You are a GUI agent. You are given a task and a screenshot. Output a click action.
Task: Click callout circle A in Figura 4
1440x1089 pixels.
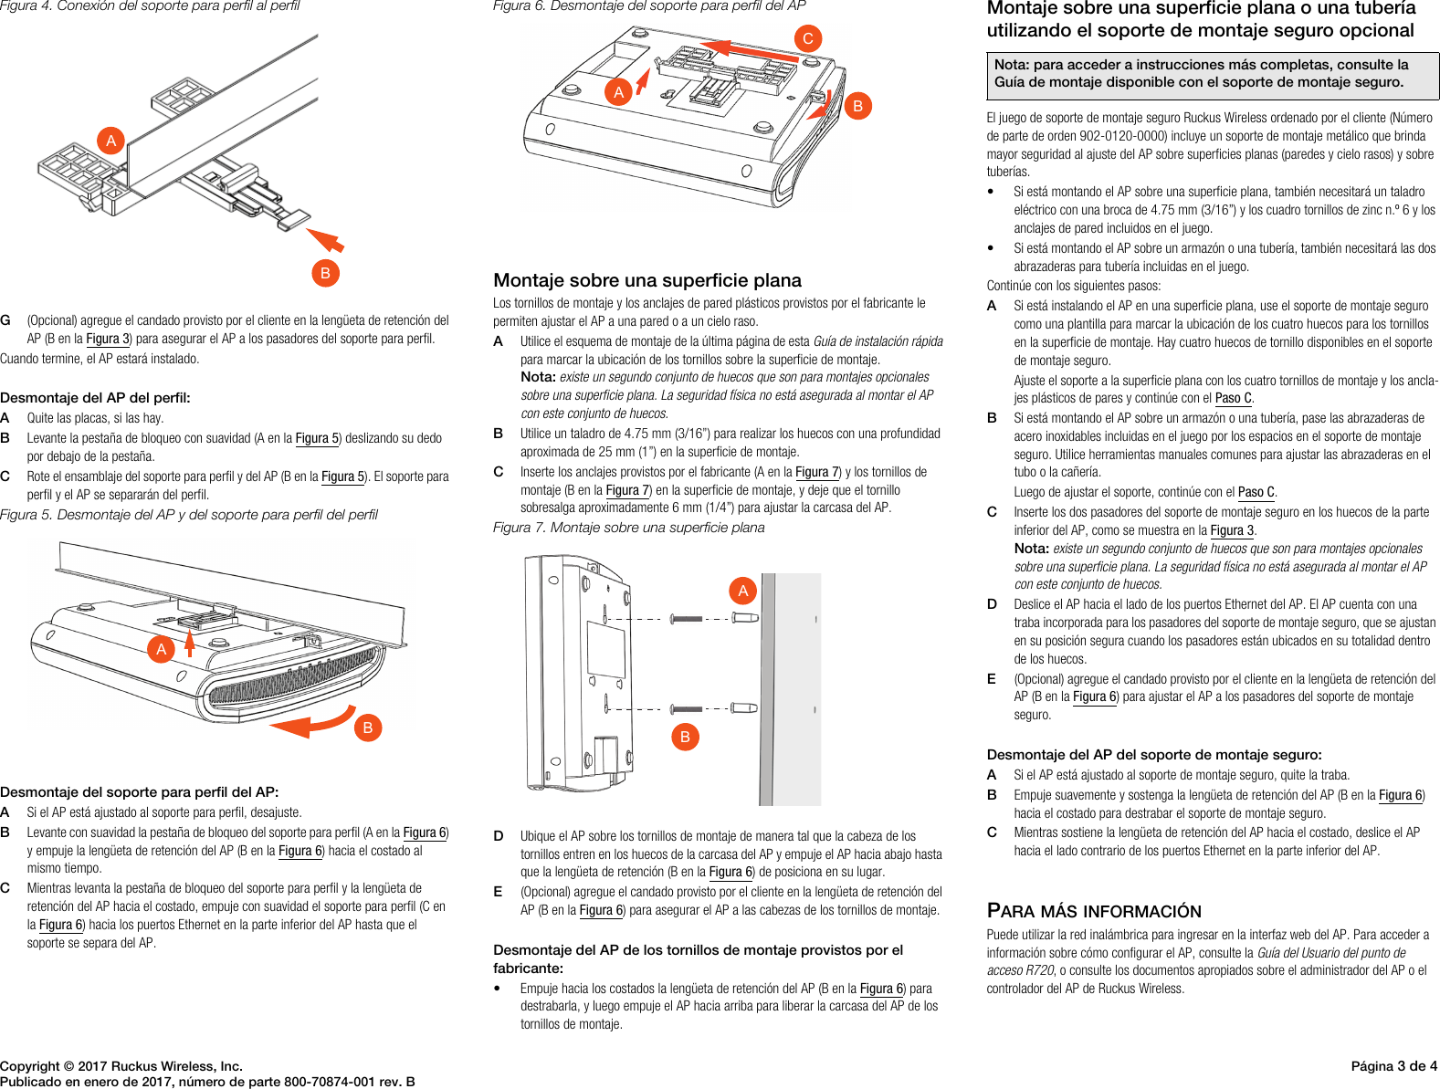tap(111, 141)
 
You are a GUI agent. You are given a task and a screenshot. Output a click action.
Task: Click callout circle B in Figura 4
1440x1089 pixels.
tap(325, 273)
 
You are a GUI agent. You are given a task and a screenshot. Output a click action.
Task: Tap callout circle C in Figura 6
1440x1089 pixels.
tap(807, 38)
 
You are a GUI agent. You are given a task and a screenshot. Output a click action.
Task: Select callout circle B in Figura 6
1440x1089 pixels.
tap(857, 106)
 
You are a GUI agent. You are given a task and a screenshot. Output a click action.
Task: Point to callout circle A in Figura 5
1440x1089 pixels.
tap(162, 649)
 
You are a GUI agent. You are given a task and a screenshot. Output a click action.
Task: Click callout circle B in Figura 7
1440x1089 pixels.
tap(685, 737)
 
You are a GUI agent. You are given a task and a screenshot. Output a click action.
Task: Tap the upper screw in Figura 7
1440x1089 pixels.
tap(687, 619)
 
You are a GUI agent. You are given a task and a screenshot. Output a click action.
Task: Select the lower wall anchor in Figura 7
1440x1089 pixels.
tap(744, 707)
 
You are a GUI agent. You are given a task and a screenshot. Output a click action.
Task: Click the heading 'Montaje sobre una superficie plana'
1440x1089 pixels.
tap(647, 280)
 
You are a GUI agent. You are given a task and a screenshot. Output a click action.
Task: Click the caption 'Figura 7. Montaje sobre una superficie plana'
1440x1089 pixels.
tap(628, 528)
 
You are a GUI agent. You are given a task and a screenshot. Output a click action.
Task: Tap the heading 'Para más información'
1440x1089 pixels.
tap(1094, 911)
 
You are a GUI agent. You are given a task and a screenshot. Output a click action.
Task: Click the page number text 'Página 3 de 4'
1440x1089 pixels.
tap(1393, 1066)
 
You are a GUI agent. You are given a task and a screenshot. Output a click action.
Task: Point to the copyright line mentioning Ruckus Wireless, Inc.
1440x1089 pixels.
tap(121, 1066)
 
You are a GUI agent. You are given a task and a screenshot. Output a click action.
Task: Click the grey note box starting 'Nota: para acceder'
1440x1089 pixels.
tap(1212, 74)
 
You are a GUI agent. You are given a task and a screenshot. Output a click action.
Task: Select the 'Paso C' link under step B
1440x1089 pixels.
tap(1256, 492)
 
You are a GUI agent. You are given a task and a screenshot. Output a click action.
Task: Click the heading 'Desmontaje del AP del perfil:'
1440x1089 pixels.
tap(95, 398)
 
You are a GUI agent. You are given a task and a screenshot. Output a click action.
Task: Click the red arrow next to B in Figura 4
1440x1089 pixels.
tap(325, 240)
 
